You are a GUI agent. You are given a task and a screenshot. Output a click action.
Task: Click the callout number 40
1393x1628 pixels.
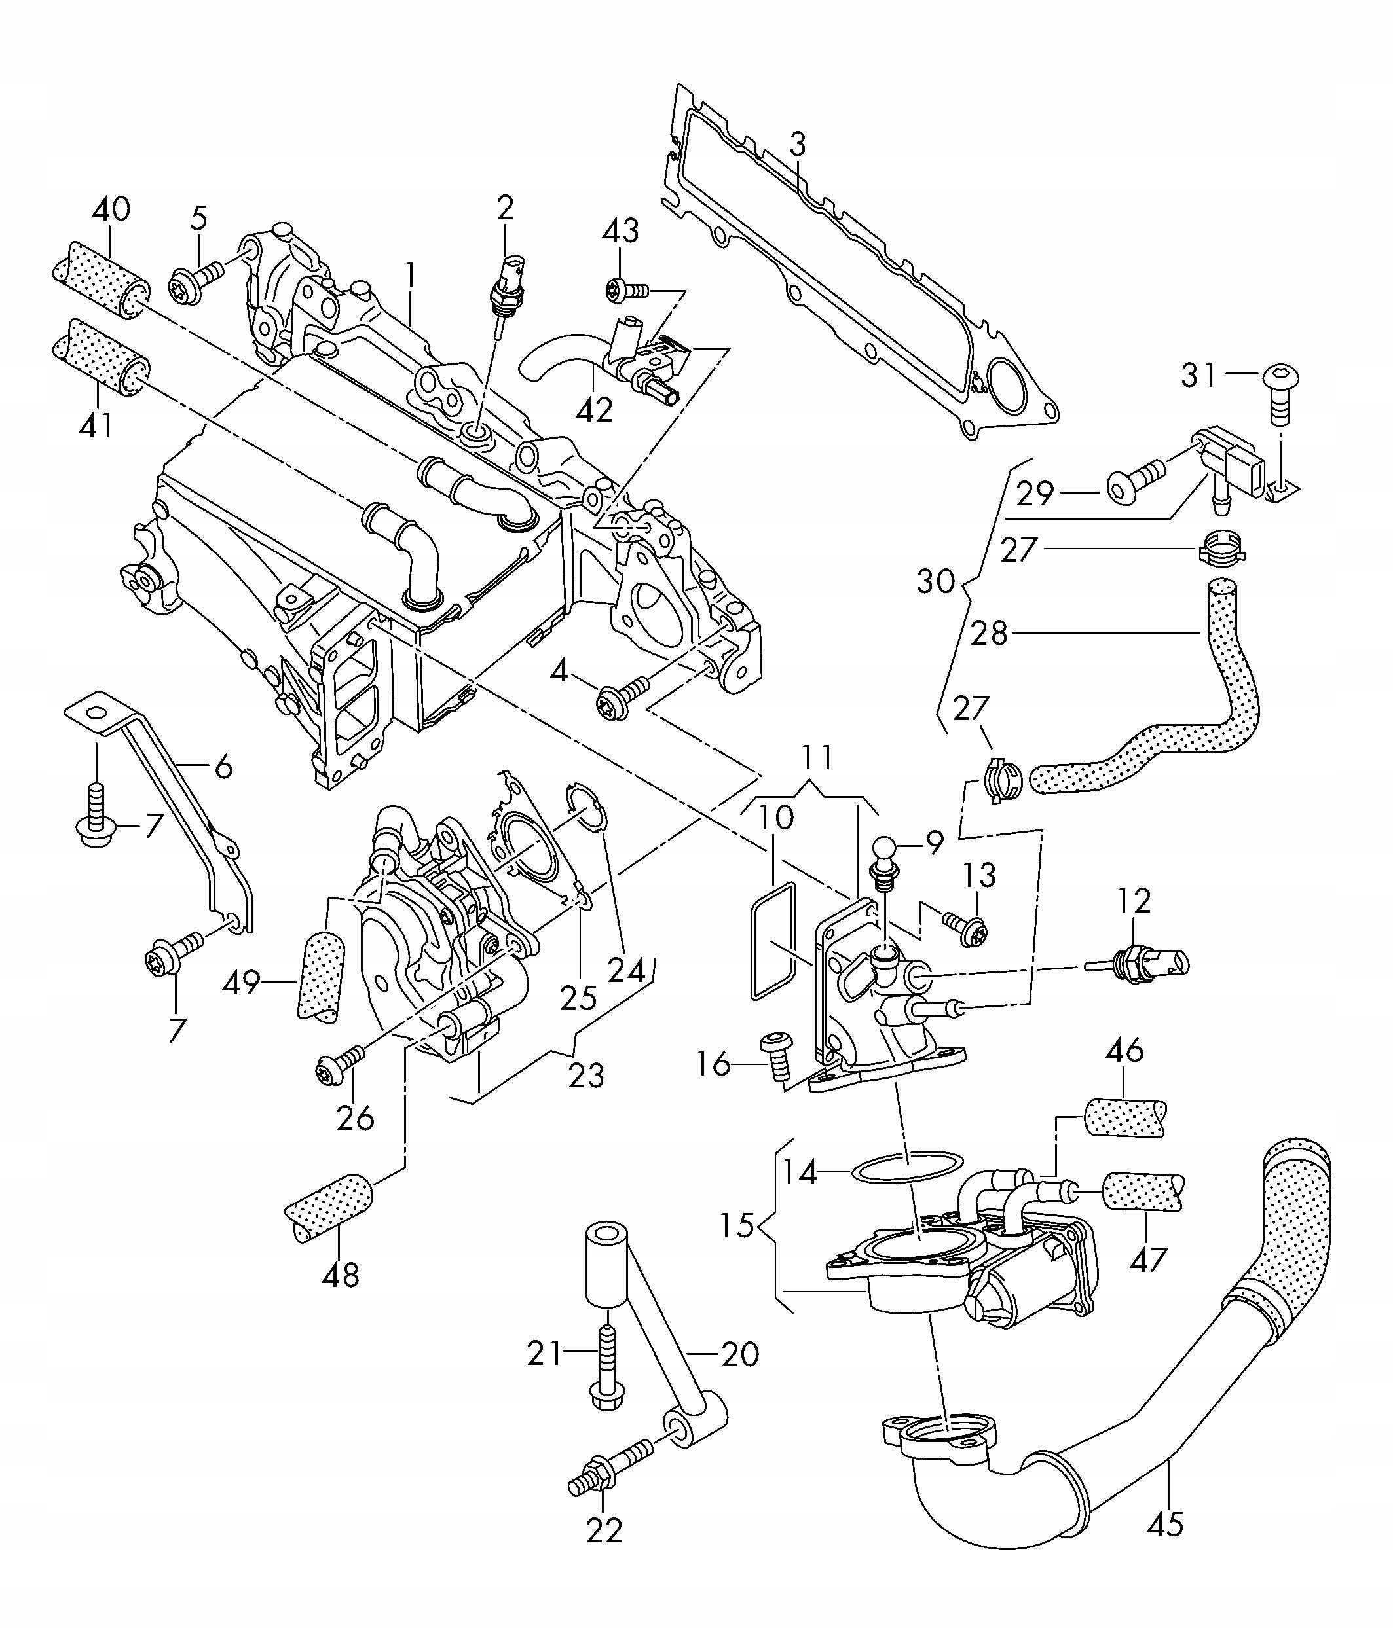coord(111,209)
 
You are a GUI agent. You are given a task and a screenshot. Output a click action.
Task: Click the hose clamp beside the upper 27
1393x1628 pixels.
coord(1221,549)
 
